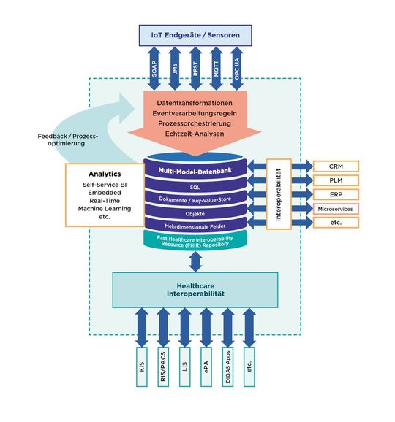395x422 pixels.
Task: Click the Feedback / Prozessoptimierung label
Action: tap(66, 140)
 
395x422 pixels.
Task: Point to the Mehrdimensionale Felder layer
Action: tap(195, 227)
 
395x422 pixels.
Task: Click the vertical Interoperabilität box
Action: tap(279, 193)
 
